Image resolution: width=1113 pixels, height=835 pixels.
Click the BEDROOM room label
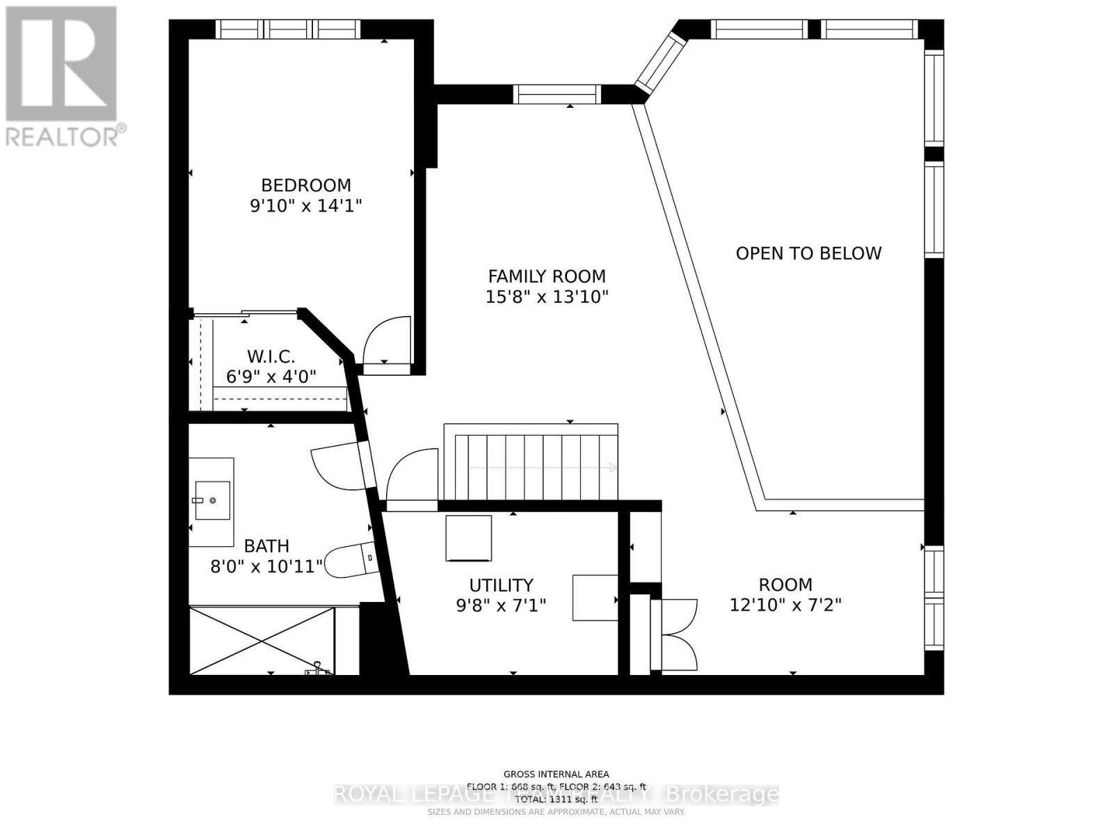point(306,185)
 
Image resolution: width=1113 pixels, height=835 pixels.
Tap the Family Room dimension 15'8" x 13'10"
point(547,297)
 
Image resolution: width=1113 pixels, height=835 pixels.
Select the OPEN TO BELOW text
point(808,253)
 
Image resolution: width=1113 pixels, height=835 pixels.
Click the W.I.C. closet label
point(271,357)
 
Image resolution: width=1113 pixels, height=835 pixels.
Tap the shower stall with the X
point(262,640)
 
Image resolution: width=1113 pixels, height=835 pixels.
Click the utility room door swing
point(412,476)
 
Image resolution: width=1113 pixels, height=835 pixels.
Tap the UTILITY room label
point(501,585)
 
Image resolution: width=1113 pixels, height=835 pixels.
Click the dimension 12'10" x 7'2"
point(785,605)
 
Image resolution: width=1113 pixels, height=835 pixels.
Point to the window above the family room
point(557,94)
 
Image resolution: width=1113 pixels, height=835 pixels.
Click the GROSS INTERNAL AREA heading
point(556,774)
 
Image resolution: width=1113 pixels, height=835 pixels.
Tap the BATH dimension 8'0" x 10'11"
point(267,566)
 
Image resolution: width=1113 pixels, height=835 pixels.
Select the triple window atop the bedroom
point(288,29)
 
